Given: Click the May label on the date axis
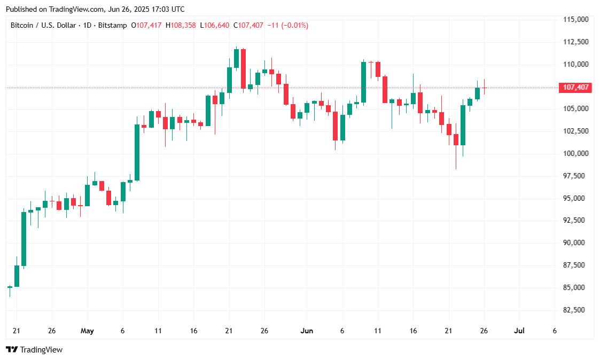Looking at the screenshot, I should (87, 331).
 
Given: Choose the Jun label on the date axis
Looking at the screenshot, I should (307, 331).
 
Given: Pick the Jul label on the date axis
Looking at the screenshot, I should (519, 331).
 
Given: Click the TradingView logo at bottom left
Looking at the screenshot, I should (34, 350).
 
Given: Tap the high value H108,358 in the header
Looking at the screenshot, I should (181, 25).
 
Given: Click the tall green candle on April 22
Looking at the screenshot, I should (24, 239).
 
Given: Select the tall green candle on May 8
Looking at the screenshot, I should (137, 152).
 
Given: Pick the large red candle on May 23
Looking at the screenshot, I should (243, 68).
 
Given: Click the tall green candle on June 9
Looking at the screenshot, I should (363, 82).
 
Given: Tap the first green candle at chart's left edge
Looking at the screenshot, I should (10, 287).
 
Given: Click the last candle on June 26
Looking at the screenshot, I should (485, 88).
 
